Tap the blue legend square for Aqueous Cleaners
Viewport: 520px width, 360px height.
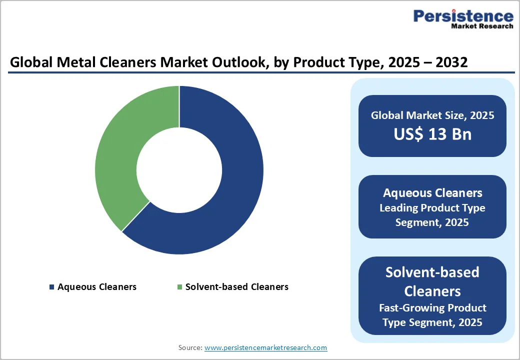pyautogui.click(x=51, y=287)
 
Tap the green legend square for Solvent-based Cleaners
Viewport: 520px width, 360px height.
pyautogui.click(x=179, y=287)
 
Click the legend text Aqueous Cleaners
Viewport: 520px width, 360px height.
pyautogui.click(x=97, y=287)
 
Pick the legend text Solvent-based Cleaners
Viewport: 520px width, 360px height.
pyautogui.click(x=236, y=287)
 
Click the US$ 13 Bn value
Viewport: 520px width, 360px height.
pyautogui.click(x=432, y=134)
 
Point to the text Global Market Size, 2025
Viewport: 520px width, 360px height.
pyautogui.click(x=432, y=115)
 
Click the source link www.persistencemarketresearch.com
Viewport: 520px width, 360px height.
pyautogui.click(x=265, y=347)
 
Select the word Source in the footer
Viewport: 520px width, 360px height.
pyautogui.click(x=190, y=347)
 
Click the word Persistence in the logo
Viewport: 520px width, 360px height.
pyautogui.click(x=463, y=16)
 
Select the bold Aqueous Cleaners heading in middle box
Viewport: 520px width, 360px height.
pyautogui.click(x=432, y=192)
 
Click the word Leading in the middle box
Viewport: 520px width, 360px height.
pyautogui.click(x=398, y=207)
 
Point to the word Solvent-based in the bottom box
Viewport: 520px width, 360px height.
pyautogui.click(x=432, y=272)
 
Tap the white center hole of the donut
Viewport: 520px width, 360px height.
pyautogui.click(x=179, y=170)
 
